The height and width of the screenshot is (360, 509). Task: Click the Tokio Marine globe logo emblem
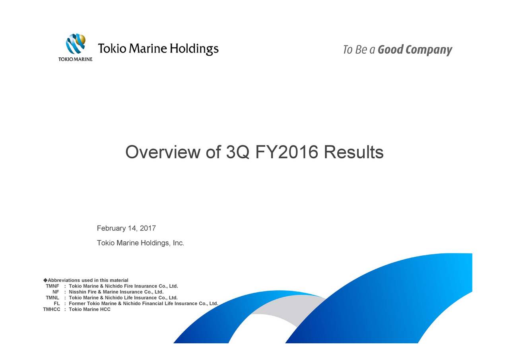[76, 44]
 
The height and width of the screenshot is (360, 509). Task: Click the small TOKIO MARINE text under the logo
[76, 59]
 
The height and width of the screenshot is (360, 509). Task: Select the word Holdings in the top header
[194, 49]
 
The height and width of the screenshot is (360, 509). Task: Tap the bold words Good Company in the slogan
[415, 50]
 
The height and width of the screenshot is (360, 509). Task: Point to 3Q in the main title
[238, 152]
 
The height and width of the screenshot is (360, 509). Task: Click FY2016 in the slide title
[287, 152]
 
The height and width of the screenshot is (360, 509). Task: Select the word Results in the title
[354, 152]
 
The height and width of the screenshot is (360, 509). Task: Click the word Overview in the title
[163, 152]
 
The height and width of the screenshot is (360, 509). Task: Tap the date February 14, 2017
[126, 228]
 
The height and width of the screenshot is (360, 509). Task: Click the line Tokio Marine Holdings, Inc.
[140, 243]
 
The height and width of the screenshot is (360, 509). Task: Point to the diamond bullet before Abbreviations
[45, 280]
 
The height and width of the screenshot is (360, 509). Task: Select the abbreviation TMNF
[52, 286]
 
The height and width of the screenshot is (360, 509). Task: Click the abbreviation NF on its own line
[56, 292]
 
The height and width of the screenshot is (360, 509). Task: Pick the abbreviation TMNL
[52, 298]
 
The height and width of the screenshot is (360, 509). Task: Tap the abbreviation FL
[57, 304]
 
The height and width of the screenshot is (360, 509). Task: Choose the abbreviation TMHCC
[52, 309]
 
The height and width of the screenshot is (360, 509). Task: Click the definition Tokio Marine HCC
[89, 309]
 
